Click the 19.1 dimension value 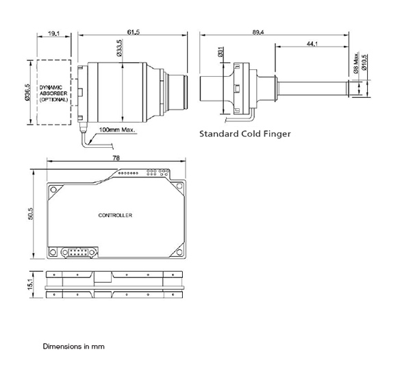54,34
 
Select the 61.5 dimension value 134,32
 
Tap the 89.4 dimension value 258,32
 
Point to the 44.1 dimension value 312,44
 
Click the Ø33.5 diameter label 119,48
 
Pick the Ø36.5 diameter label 27,92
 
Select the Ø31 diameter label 221,52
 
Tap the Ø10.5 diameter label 364,62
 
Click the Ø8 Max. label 356,63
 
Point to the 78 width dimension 116,158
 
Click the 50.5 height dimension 31,214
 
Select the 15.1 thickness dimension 31,284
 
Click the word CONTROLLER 115,215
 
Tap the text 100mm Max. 117,129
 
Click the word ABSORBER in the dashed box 53,94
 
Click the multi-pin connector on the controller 79,252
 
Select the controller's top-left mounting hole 53,190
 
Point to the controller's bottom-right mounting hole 179,252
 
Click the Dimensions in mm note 73,347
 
